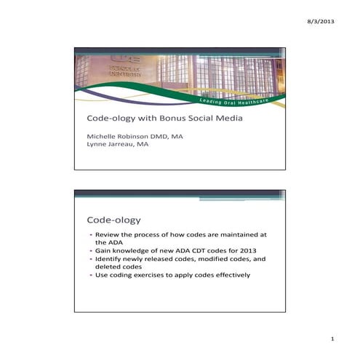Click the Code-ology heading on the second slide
(113, 219)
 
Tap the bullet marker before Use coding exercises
(91, 274)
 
